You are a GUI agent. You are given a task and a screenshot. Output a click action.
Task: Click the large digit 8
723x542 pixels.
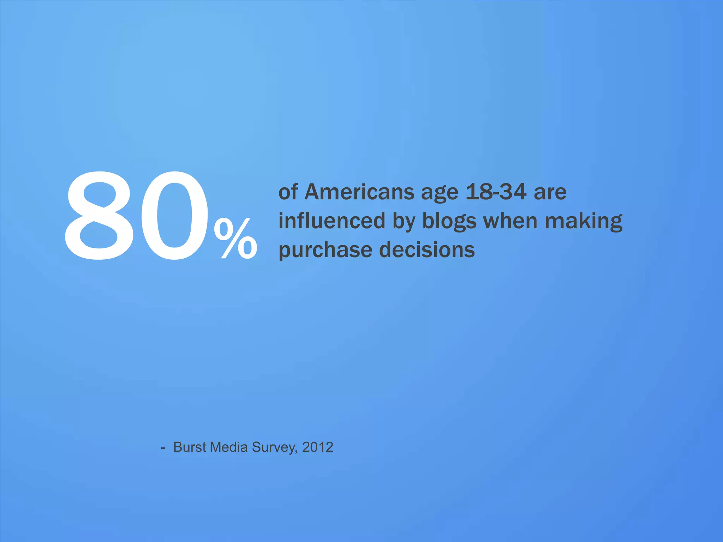tap(100, 216)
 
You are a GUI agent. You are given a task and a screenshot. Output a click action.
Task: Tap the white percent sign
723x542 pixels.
tap(236, 239)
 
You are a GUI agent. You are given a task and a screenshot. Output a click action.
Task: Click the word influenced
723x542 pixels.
tap(331, 221)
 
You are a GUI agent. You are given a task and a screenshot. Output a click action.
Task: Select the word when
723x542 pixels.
tap(510, 221)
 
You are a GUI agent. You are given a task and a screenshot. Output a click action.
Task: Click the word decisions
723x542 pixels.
tap(427, 250)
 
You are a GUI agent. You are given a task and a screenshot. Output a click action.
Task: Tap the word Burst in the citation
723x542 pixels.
tap(190, 447)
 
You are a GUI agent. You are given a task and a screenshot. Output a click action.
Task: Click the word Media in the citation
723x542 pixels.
tap(229, 447)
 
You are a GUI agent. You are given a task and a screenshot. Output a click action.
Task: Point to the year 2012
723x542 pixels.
tap(318, 447)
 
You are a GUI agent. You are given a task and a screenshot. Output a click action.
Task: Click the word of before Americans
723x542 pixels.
tap(288, 192)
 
